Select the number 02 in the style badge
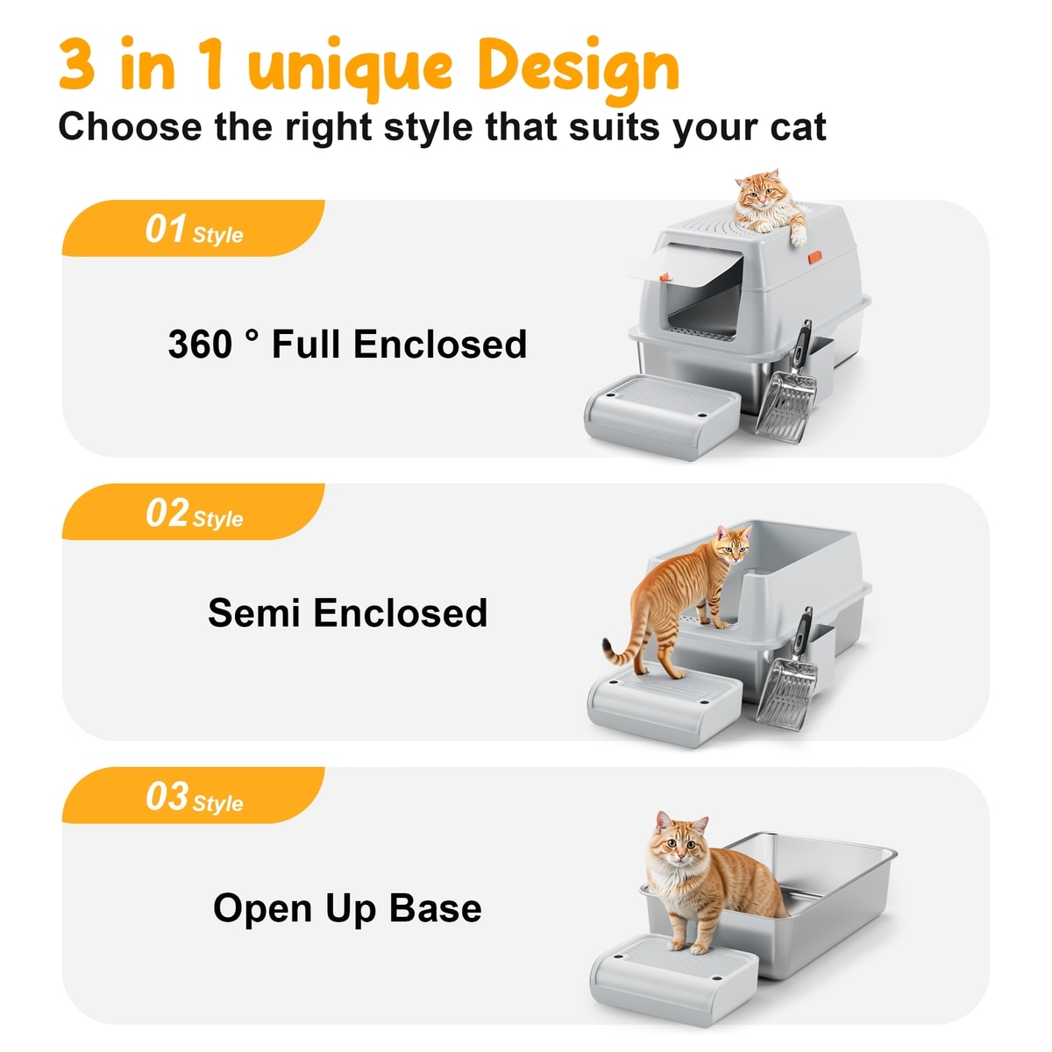tap(167, 512)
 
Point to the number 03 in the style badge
tap(167, 796)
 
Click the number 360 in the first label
tap(200, 344)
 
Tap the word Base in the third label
tap(435, 907)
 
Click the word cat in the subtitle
tap(798, 127)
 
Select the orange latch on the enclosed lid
tap(814, 257)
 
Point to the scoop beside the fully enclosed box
tap(788, 385)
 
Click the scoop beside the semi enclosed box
tap(788, 672)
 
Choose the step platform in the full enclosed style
tap(662, 416)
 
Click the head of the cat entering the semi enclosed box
tap(733, 546)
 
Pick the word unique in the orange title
tap(351, 71)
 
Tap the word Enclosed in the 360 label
tap(440, 344)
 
